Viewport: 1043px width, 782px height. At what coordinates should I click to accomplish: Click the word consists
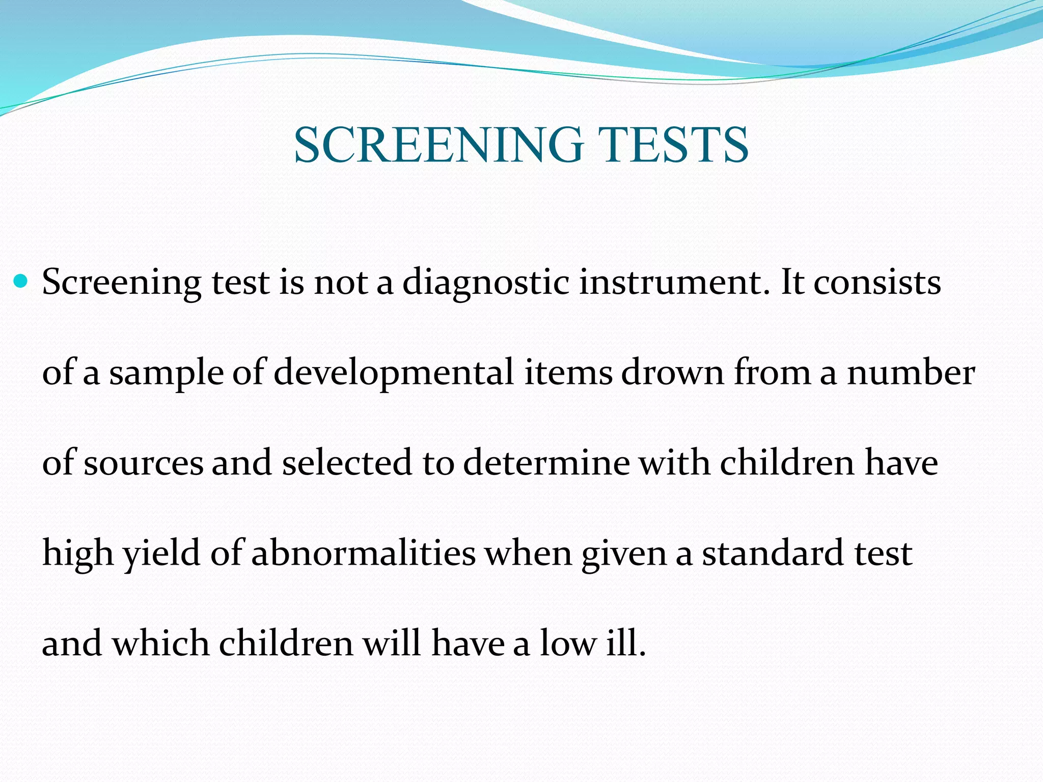pyautogui.click(x=877, y=282)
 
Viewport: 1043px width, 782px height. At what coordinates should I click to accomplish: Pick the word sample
pyautogui.click(x=166, y=373)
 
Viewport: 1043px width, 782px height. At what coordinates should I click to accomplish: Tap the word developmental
pyautogui.click(x=393, y=372)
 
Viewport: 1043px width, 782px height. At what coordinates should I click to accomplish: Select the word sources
pyautogui.click(x=143, y=463)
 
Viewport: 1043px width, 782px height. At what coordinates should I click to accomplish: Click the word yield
pyautogui.click(x=161, y=554)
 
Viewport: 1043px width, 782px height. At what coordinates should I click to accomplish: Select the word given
pyautogui.click(x=624, y=554)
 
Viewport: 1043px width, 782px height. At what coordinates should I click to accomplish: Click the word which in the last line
pyautogui.click(x=160, y=643)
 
